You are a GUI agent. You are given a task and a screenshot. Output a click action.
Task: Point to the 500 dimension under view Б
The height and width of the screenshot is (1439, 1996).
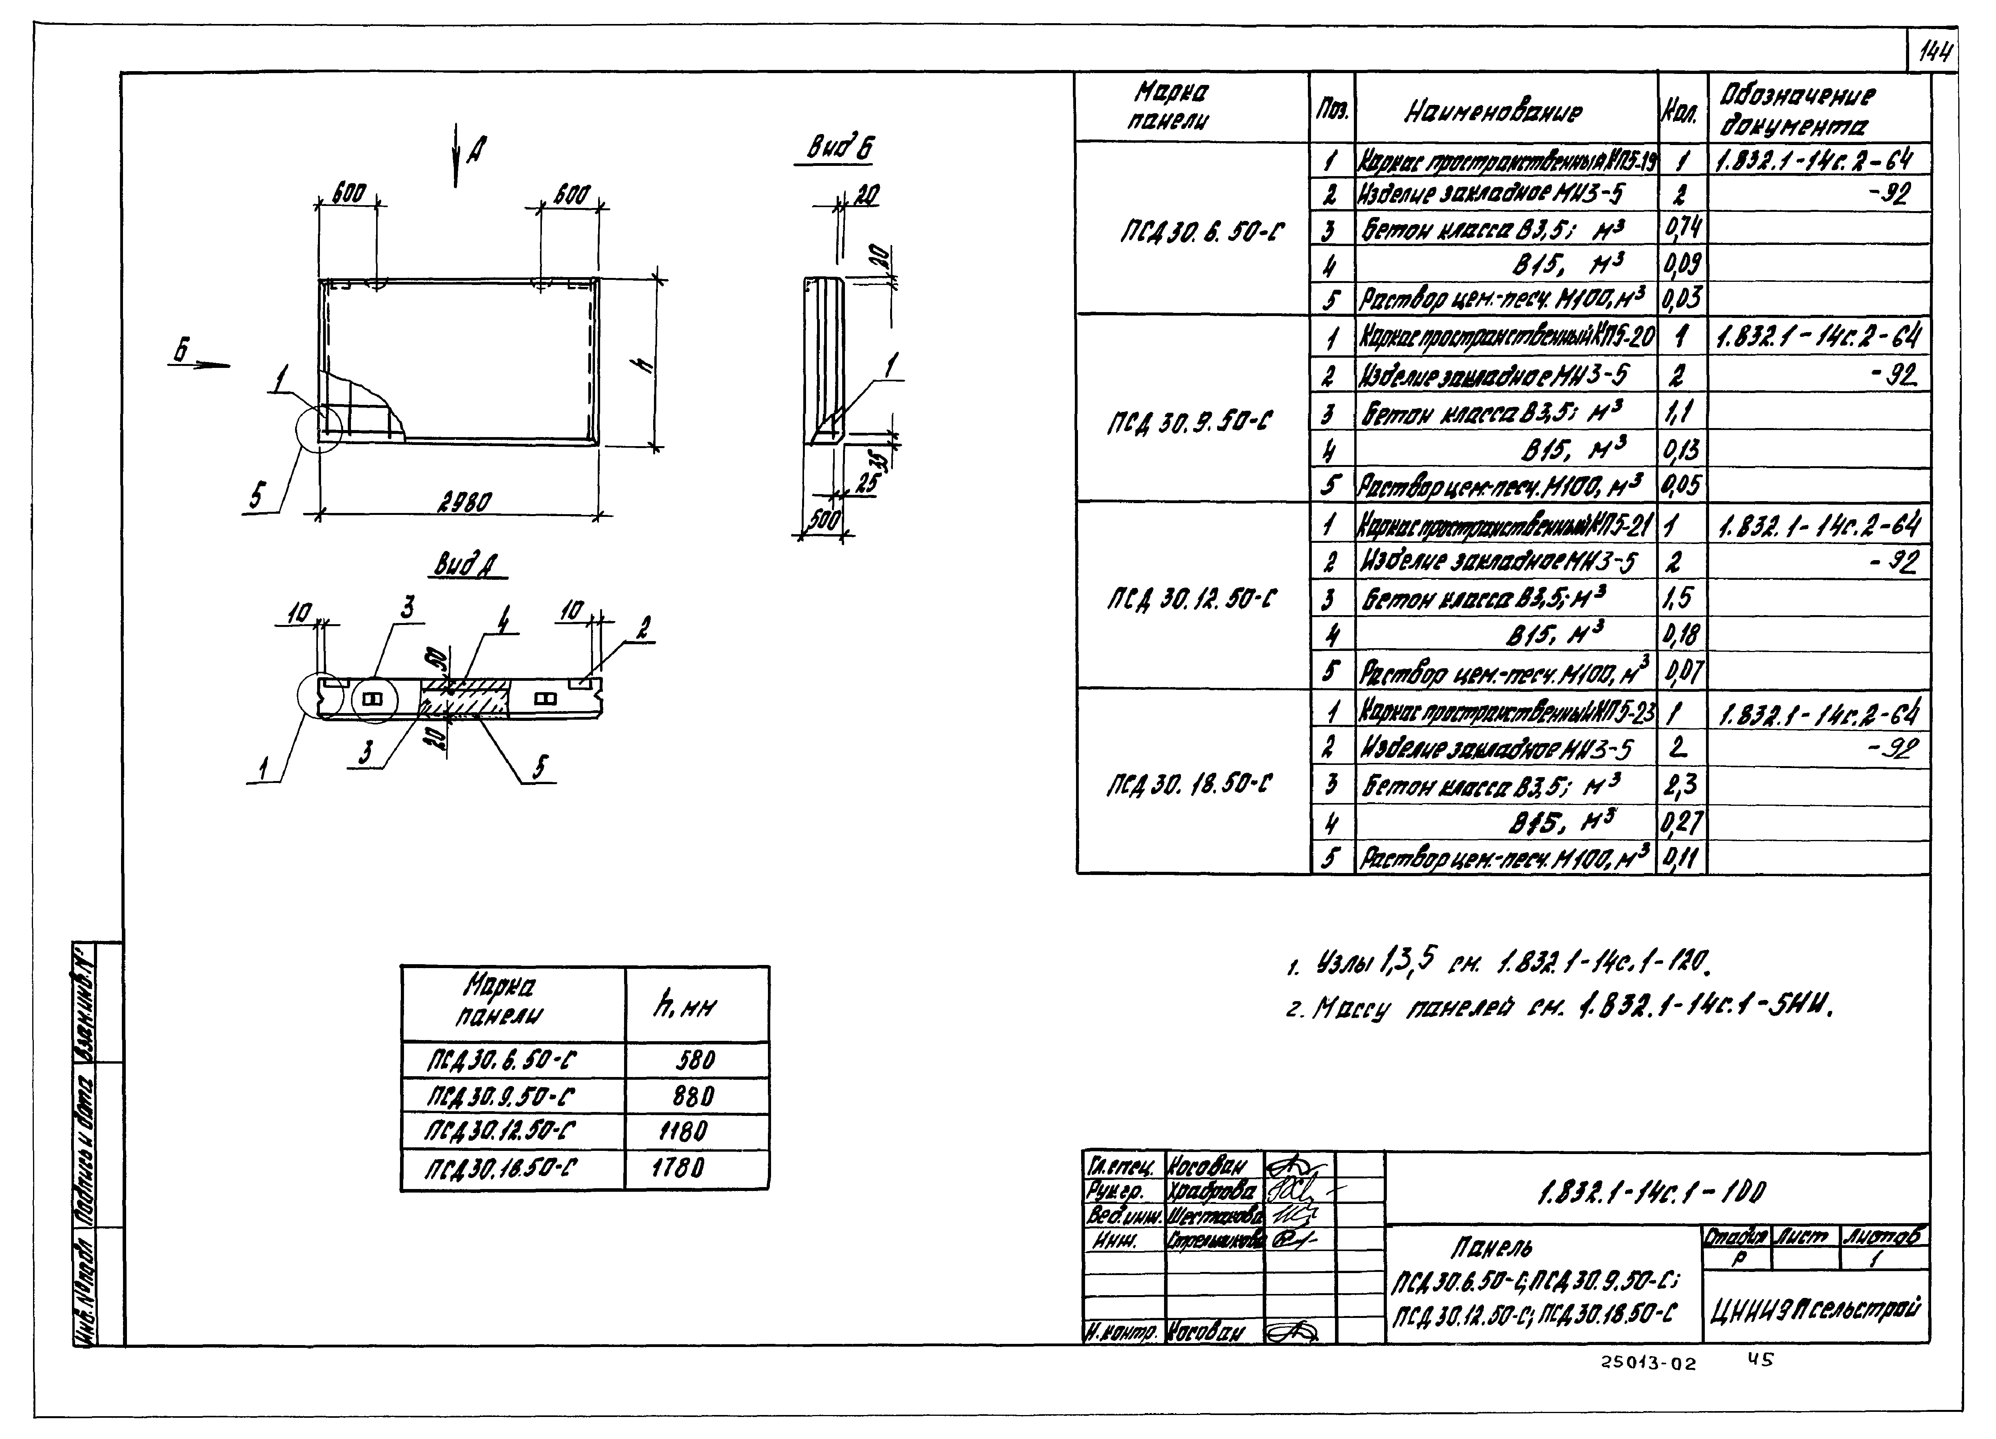tap(824, 520)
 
